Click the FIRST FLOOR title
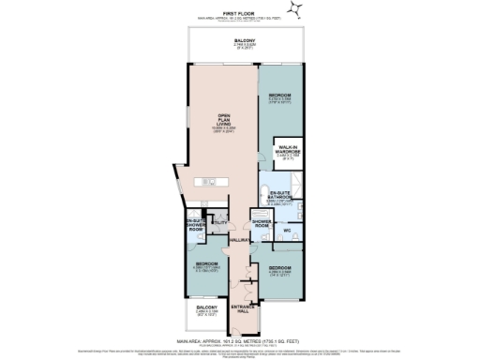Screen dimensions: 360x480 tap(240, 12)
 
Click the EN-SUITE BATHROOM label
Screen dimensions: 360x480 tap(277, 195)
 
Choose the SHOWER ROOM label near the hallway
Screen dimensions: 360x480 tap(262, 224)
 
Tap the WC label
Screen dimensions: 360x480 tap(290, 230)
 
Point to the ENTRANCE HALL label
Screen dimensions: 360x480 tap(242, 309)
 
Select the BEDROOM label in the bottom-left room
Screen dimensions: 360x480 tap(205, 265)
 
